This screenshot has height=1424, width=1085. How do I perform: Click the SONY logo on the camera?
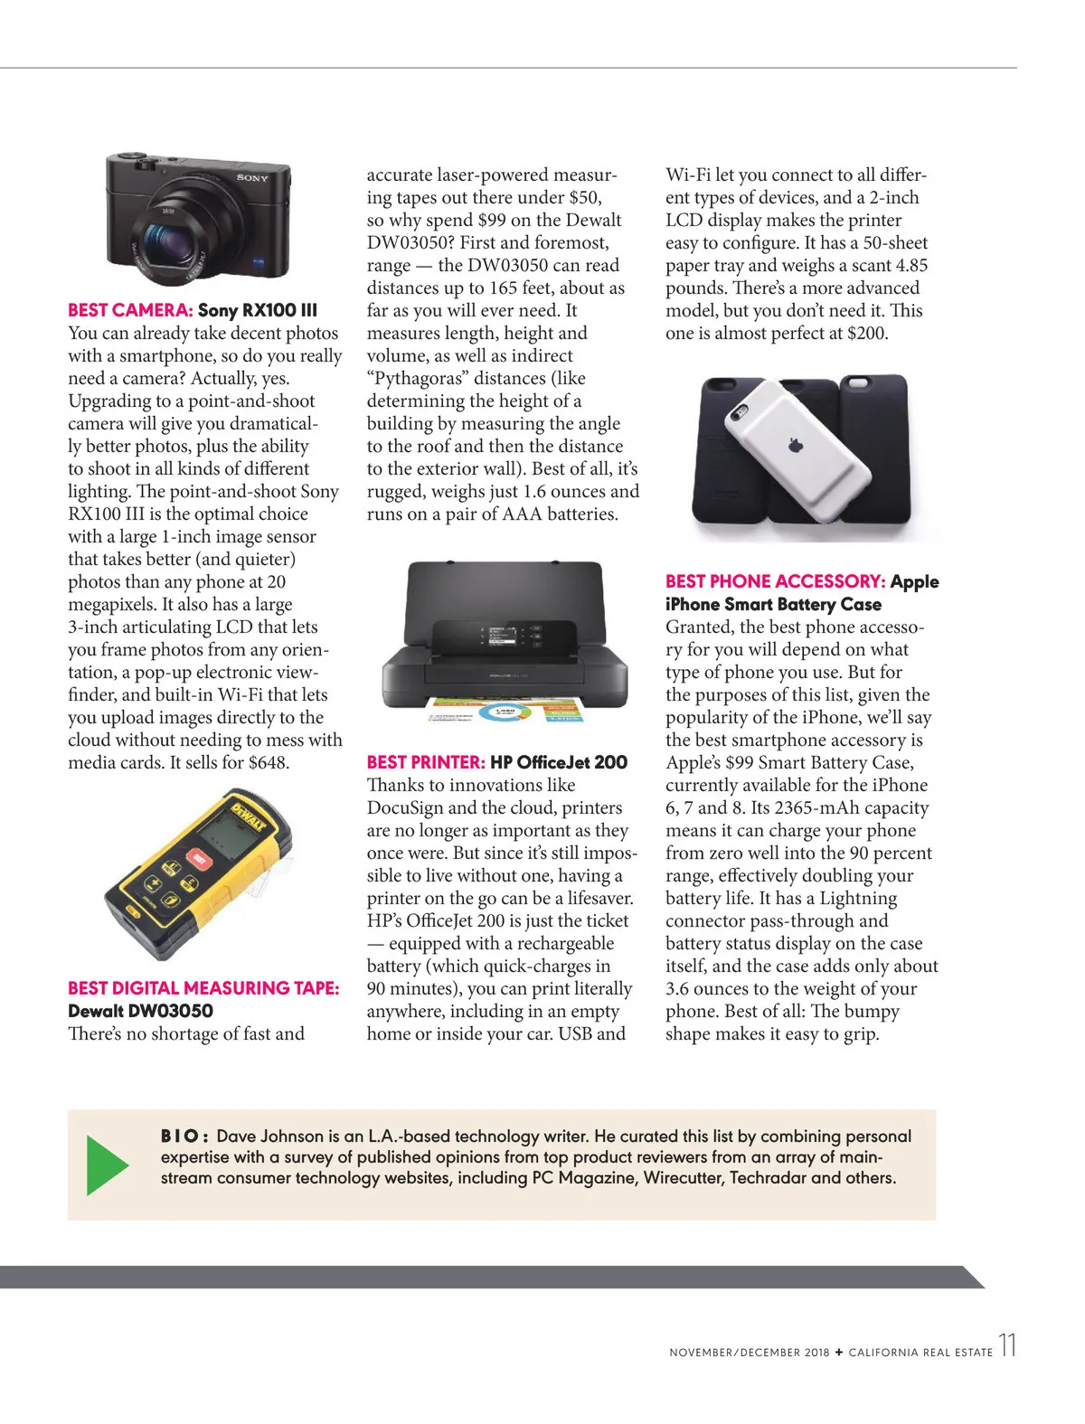click(x=252, y=178)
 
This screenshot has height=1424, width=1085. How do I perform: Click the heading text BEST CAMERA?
click(x=130, y=311)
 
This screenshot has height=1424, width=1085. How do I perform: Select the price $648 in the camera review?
click(x=267, y=763)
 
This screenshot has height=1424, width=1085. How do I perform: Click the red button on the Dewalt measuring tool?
click(x=199, y=858)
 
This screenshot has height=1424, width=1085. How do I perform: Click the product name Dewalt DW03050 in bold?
click(x=140, y=1012)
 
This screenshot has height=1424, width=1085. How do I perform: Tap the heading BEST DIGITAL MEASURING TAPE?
click(x=203, y=989)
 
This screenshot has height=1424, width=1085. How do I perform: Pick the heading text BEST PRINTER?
click(x=426, y=763)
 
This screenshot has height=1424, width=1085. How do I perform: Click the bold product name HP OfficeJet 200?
click(x=559, y=763)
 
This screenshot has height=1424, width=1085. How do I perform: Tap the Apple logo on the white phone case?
click(x=797, y=445)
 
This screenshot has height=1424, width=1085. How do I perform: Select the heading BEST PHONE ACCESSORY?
click(x=775, y=582)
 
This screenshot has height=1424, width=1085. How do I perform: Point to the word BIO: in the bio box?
click(x=185, y=1136)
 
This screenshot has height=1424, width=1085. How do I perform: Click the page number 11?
click(x=1007, y=1345)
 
